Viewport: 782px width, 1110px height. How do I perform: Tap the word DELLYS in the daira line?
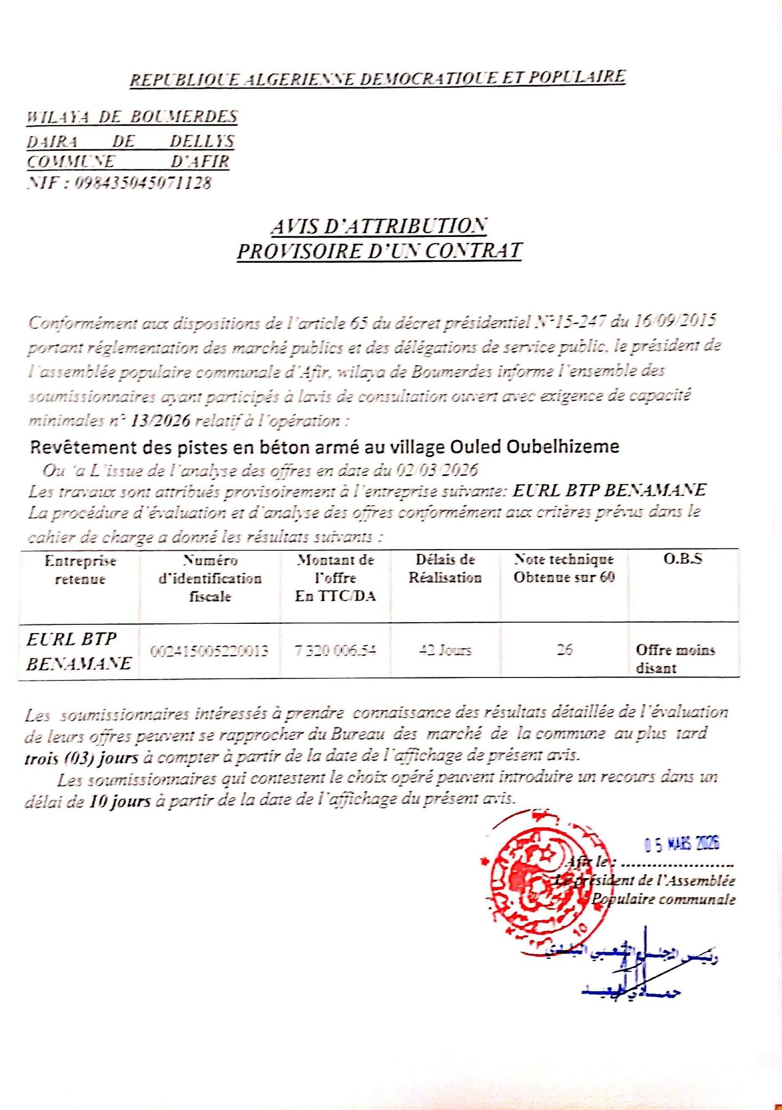(202, 141)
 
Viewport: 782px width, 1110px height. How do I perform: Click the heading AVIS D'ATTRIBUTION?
(379, 227)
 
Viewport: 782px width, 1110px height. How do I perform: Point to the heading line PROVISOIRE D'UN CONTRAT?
(379, 251)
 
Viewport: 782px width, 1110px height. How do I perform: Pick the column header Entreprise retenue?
(80, 570)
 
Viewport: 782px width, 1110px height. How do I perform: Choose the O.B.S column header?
(683, 559)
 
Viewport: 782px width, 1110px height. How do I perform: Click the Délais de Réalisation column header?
(445, 569)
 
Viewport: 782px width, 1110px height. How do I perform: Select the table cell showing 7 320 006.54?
(335, 650)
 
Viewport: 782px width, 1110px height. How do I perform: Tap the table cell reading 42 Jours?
(445, 650)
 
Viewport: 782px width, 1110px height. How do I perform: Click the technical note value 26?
(564, 650)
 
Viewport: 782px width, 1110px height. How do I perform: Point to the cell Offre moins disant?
(675, 659)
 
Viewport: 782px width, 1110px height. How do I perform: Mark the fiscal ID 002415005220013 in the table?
(209, 650)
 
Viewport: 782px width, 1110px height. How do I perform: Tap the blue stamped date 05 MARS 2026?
(682, 843)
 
